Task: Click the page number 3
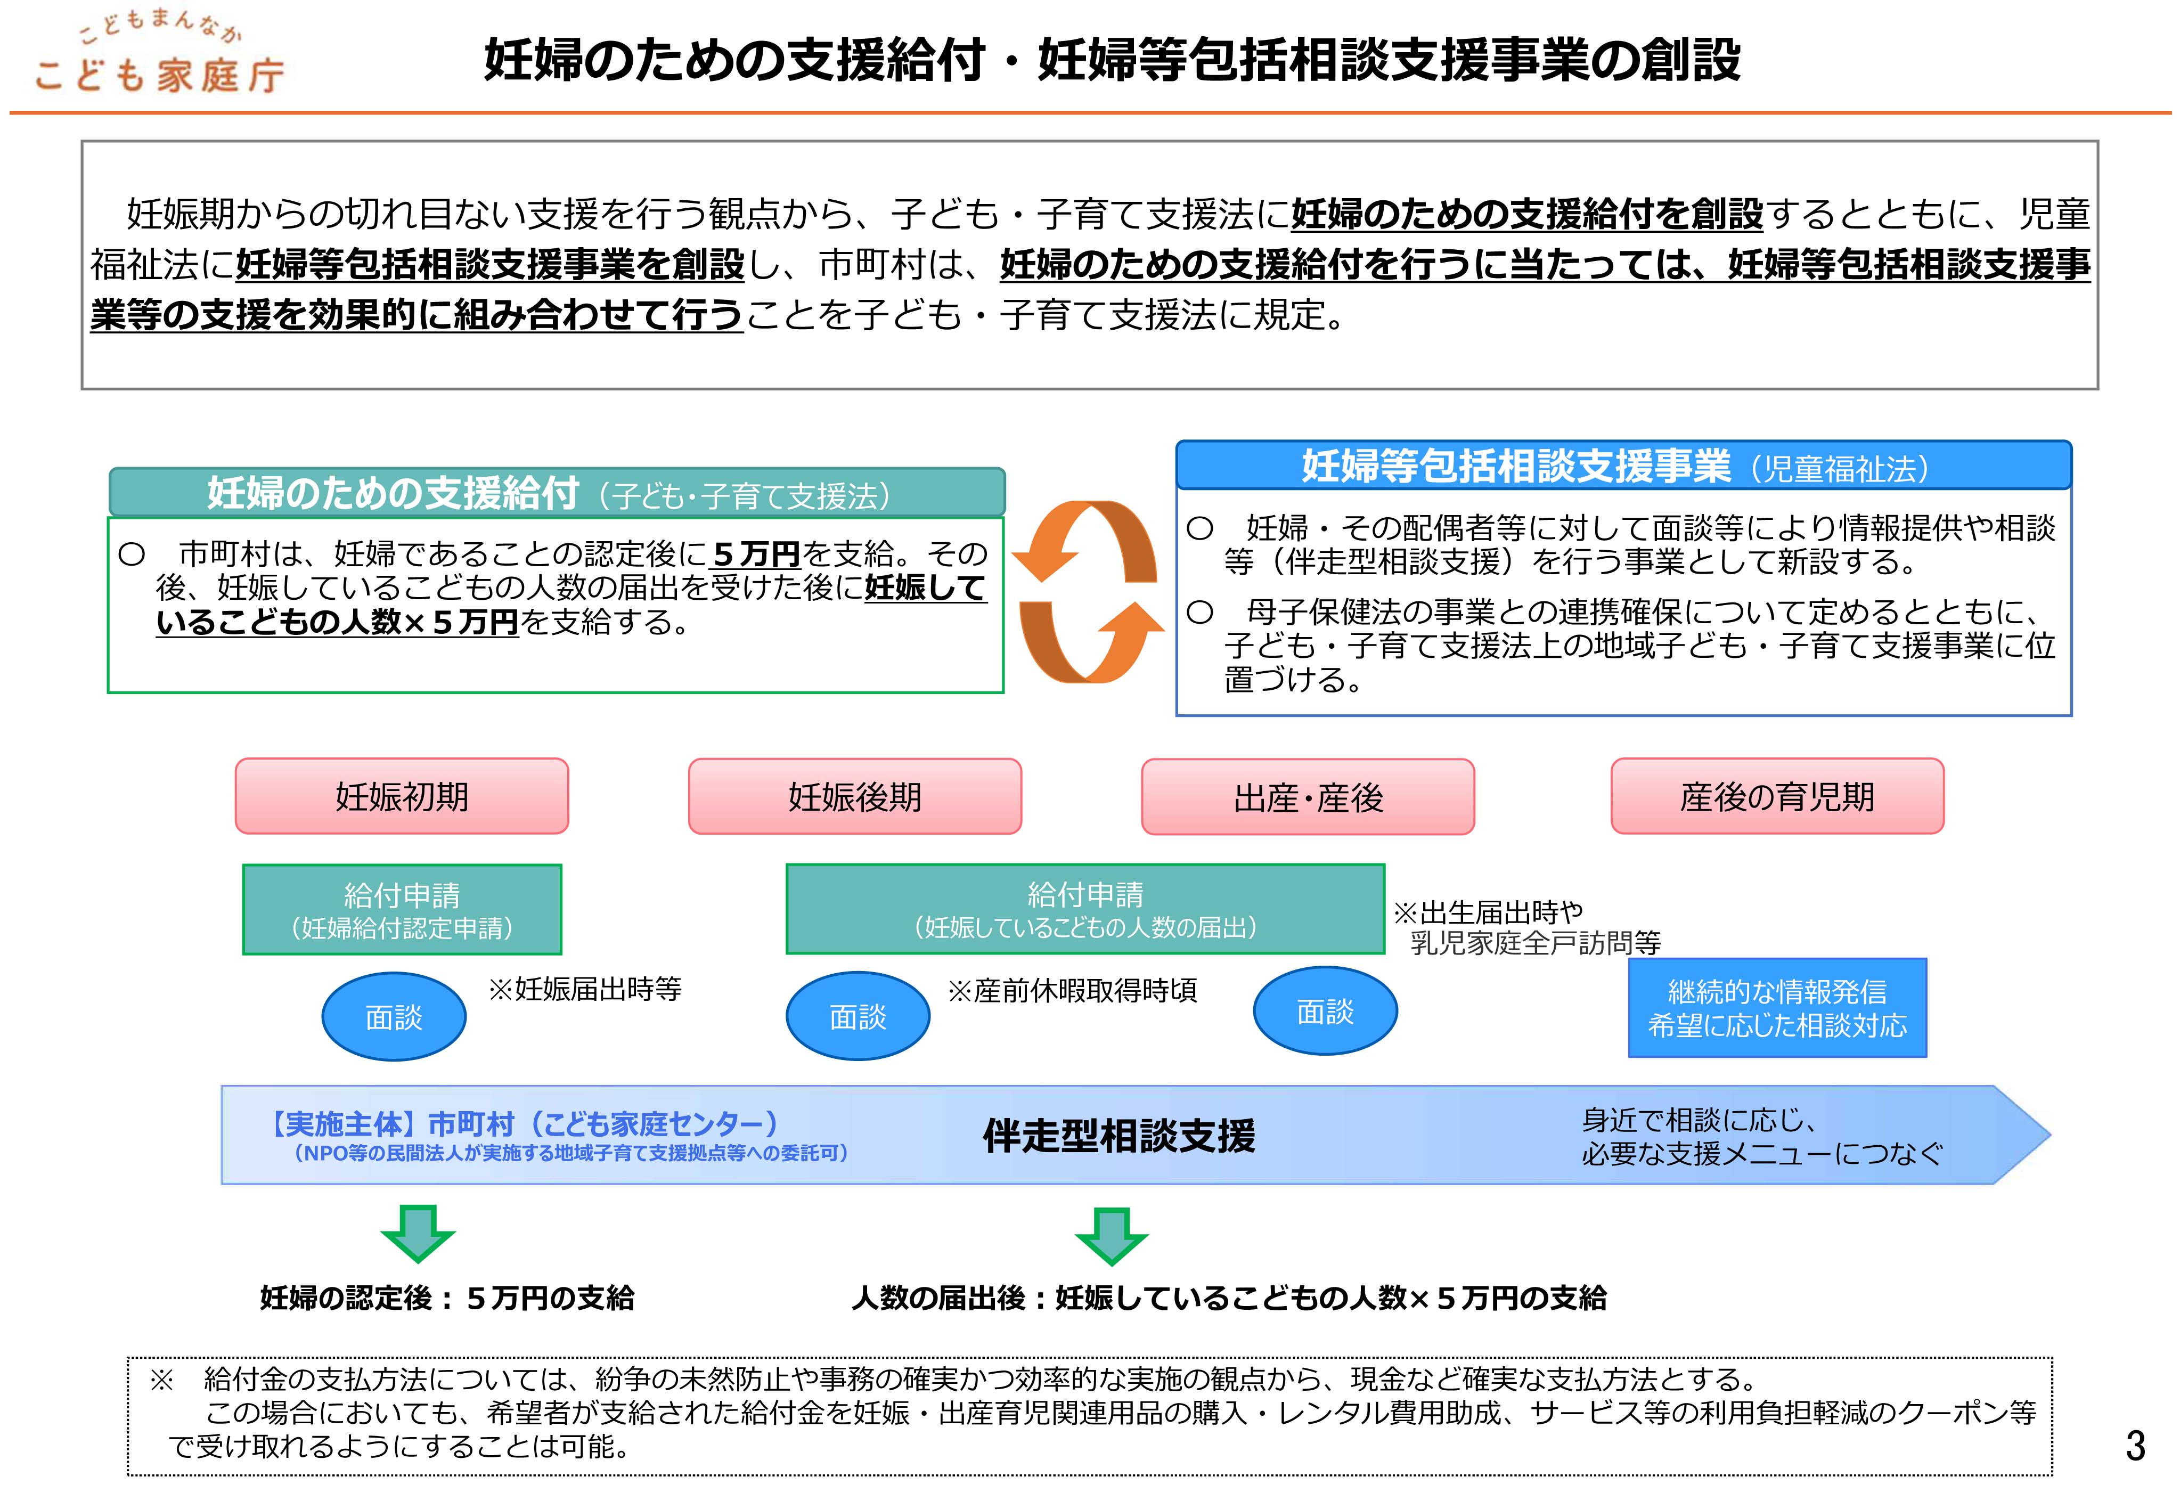point(2135,1447)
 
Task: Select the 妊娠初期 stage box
point(402,796)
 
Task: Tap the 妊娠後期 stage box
point(855,796)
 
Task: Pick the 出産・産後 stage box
point(1308,797)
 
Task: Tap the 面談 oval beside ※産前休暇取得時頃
point(858,1016)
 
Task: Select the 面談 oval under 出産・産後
point(1325,1012)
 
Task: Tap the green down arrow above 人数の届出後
point(1111,1235)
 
